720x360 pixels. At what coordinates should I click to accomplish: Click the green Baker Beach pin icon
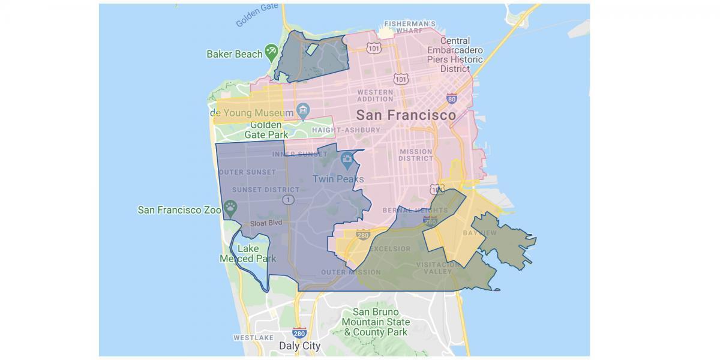271,51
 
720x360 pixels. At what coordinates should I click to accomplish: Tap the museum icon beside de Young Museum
304,111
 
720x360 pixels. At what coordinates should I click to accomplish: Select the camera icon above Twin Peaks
347,160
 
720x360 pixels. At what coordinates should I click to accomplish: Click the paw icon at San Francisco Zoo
230,208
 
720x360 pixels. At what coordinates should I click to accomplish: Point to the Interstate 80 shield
452,98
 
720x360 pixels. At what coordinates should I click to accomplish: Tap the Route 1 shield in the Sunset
290,199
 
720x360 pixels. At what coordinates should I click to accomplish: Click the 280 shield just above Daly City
299,332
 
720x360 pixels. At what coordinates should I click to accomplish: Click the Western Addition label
375,95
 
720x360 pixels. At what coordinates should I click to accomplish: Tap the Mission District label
415,155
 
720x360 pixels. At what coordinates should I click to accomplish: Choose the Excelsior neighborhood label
390,248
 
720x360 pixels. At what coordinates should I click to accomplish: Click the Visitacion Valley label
434,268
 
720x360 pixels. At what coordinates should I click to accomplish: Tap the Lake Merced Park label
248,254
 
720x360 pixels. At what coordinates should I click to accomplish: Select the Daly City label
300,346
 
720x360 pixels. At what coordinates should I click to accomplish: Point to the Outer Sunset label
248,172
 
